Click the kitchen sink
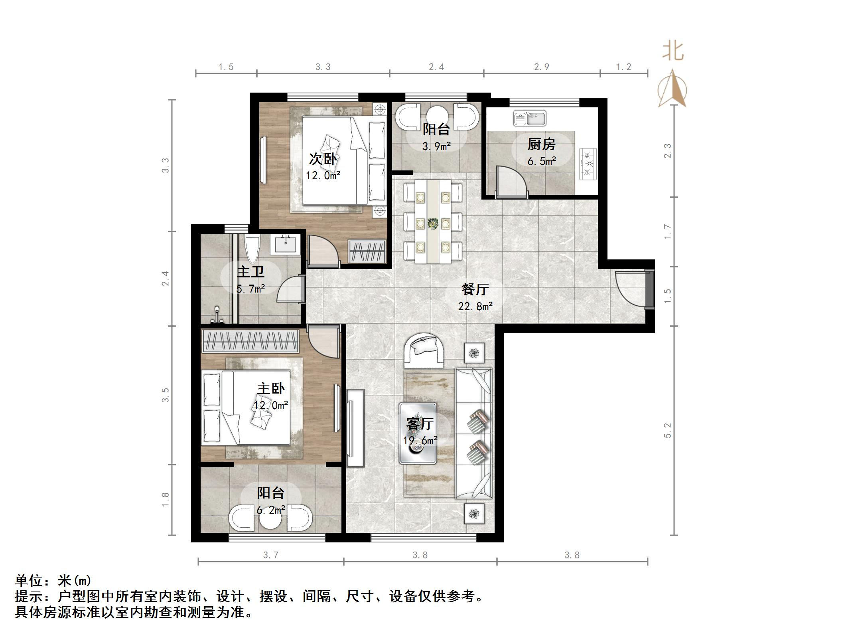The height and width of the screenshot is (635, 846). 530,119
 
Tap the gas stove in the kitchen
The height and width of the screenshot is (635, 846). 588,164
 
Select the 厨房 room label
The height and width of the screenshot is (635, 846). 541,144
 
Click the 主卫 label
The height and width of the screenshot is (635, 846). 250,272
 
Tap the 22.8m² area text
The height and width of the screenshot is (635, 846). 475,306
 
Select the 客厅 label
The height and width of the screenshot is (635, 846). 420,423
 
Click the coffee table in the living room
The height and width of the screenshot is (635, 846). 418,433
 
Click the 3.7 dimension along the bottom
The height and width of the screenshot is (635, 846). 271,555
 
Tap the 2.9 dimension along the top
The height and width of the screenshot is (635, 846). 542,67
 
